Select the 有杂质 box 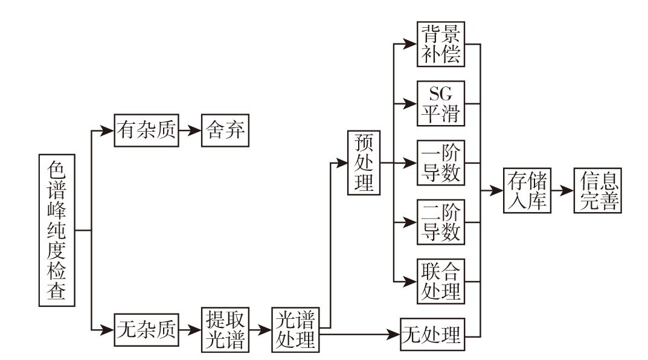(147, 131)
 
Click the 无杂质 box (147, 330)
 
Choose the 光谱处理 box (294, 330)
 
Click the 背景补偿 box (440, 44)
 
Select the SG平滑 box (440, 103)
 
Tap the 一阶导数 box (440, 162)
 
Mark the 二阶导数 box (440, 222)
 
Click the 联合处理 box (440, 281)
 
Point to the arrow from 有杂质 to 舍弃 (191, 131)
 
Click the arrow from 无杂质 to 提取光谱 (191, 330)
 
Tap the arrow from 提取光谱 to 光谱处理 (260, 330)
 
